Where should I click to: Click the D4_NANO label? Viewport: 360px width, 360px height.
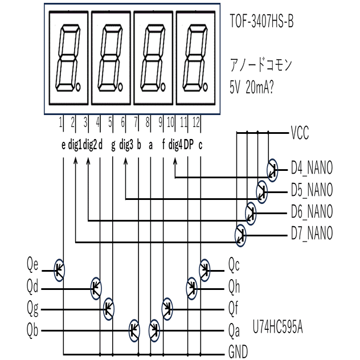click(x=312, y=169)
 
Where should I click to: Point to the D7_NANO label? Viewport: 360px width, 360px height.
click(x=312, y=234)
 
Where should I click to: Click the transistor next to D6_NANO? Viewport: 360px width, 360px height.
click(x=251, y=212)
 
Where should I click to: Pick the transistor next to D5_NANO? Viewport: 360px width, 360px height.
click(x=262, y=190)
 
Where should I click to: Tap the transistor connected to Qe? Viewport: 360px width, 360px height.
click(x=59, y=267)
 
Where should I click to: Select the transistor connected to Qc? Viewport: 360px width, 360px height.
click(x=204, y=267)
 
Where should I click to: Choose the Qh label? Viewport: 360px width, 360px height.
click(x=234, y=288)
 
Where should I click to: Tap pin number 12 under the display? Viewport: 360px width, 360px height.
click(x=197, y=121)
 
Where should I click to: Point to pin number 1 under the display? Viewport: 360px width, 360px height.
click(x=60, y=121)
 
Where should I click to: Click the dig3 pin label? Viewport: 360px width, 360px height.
click(x=126, y=145)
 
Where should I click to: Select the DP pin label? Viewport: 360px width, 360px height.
click(x=189, y=145)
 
